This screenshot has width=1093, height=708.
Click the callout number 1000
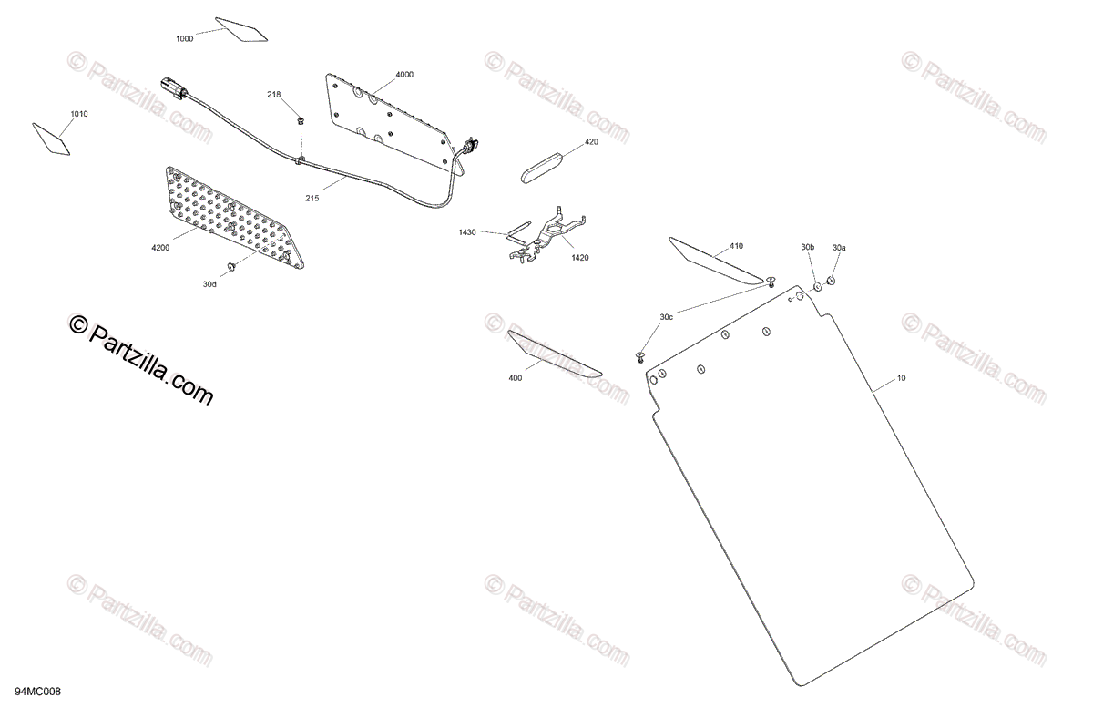coord(185,39)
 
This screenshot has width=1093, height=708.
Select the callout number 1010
coord(80,115)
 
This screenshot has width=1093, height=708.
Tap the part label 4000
coord(404,75)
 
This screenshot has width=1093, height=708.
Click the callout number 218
coord(274,95)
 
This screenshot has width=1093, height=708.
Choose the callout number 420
coord(591,142)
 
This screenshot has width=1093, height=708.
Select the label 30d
coord(209,284)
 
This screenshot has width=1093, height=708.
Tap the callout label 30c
coord(667,316)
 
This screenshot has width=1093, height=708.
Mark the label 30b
coord(808,247)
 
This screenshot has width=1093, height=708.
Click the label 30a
coord(838,247)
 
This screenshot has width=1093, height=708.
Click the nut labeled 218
coord(301,121)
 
